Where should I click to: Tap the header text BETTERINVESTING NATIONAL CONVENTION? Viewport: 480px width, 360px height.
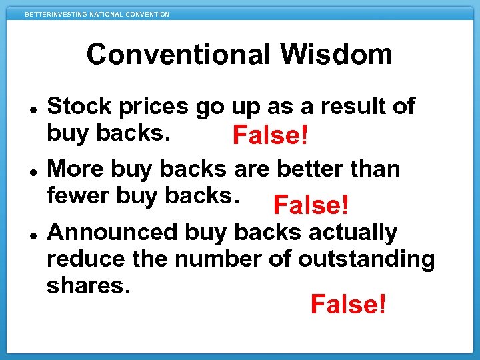point(97,14)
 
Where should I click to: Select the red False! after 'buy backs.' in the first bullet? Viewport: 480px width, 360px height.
point(270,137)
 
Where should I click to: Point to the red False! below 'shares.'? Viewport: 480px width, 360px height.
point(348,305)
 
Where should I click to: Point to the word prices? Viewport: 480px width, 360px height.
point(158,106)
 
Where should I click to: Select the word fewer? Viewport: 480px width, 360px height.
point(78,195)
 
